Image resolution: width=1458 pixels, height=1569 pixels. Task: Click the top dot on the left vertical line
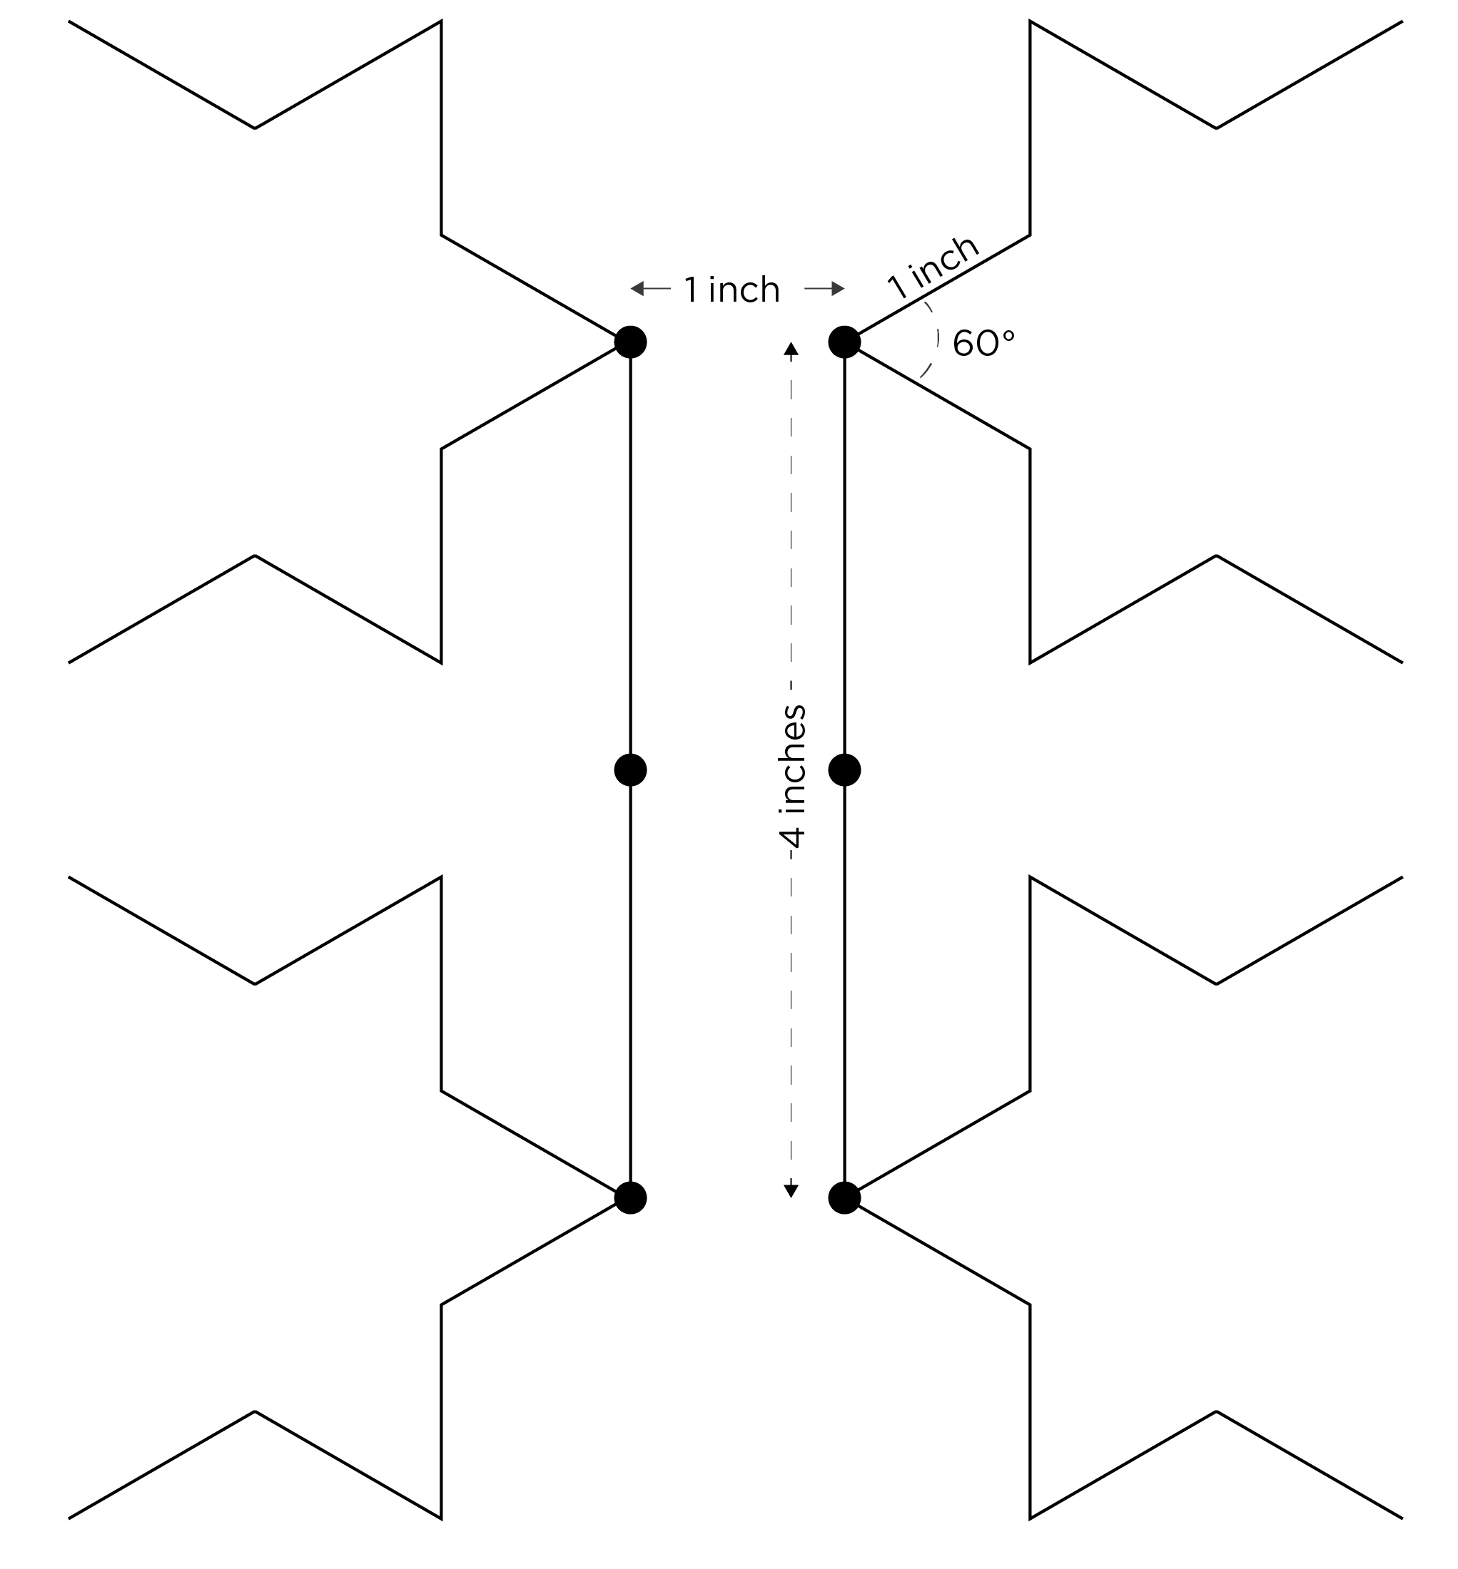[x=630, y=342]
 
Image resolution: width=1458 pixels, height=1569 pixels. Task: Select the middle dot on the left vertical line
[x=630, y=770]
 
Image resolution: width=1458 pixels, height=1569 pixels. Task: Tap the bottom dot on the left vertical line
[x=630, y=1197]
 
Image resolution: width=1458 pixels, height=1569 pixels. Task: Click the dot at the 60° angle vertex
[x=844, y=342]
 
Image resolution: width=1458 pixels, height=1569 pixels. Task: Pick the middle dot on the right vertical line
[x=844, y=770]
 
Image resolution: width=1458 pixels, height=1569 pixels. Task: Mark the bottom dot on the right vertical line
[x=844, y=1197]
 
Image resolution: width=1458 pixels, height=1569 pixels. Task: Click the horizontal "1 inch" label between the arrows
[x=731, y=290]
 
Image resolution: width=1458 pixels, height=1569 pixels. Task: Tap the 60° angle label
[x=983, y=344]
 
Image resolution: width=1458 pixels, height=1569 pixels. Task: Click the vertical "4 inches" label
[x=792, y=777]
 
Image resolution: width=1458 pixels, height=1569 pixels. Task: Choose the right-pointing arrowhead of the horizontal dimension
[x=838, y=289]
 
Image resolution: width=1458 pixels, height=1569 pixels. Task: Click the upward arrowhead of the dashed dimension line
[x=791, y=349]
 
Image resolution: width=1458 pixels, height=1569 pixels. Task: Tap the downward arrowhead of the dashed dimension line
[x=791, y=1190]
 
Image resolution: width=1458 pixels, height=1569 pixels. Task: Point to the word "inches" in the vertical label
[x=792, y=759]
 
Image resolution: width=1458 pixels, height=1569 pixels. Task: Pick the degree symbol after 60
[x=1008, y=335]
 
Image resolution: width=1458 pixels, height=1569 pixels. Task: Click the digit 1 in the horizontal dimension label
[x=691, y=290]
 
